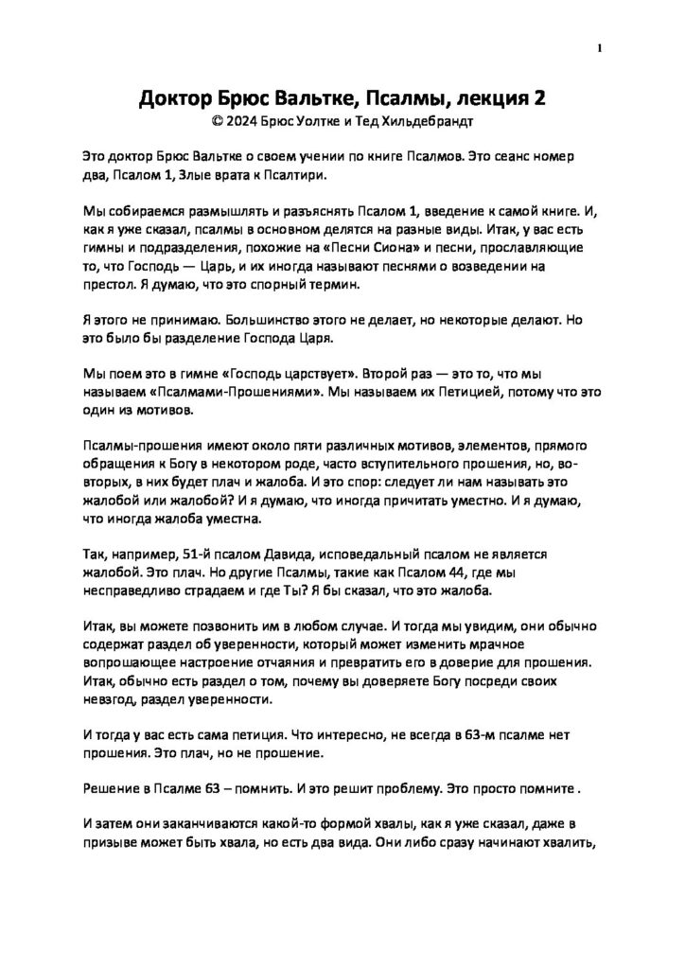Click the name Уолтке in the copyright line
click(x=316, y=121)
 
